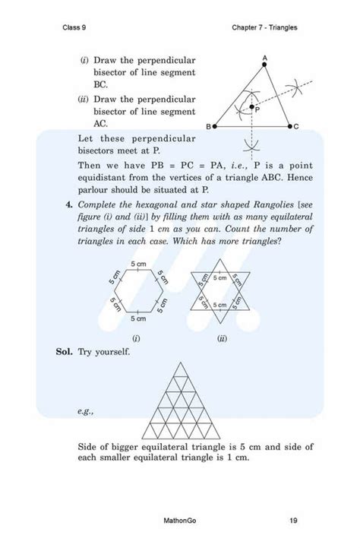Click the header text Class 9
click(x=75, y=27)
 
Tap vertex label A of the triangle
click(x=264, y=59)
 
